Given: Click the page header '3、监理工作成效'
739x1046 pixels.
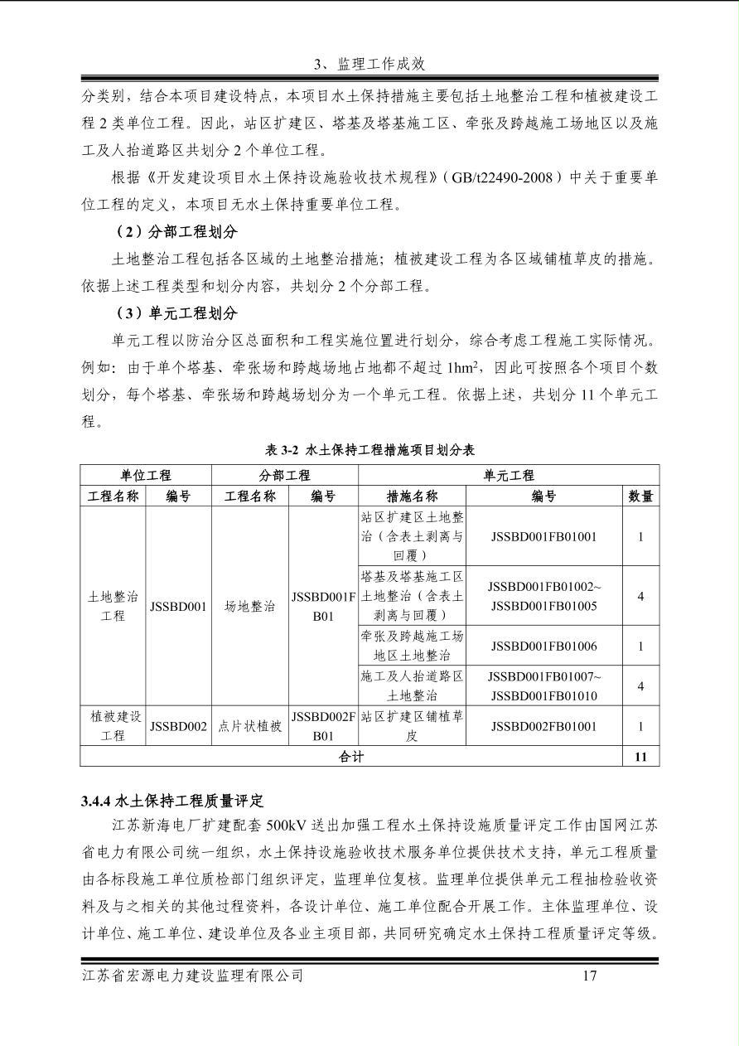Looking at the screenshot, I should coord(369,64).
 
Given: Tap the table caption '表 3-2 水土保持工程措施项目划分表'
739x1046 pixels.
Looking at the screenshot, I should coord(369,449).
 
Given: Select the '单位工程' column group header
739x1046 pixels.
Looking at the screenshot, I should coord(146,475).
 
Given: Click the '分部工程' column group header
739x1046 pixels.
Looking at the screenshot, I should coord(285,475).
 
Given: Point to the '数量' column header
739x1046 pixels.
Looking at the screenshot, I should coord(640,496).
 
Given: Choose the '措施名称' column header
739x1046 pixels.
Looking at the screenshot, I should coord(412,496).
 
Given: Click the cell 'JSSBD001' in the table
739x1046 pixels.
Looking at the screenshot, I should coord(178,606).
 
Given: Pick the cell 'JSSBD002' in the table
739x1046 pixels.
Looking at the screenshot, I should coord(178,727).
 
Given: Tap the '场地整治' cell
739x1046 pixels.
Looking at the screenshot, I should coord(249,606).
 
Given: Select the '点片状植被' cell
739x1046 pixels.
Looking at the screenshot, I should coord(249,727).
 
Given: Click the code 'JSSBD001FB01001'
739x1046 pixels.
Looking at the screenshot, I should coord(543,536).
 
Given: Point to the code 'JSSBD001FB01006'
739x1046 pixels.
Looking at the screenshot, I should coord(543,646).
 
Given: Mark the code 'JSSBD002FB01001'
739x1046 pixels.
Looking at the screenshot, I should coord(543,727).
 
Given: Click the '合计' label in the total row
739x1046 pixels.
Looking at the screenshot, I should coord(351,756).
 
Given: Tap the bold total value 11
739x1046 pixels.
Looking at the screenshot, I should coord(640,756).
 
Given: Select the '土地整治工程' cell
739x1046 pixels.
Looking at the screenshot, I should coord(113,606).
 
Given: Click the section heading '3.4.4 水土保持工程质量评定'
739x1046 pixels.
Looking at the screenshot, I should coord(171,801).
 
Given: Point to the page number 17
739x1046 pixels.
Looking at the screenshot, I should coord(589,976).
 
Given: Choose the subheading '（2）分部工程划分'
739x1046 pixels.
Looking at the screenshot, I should coord(176,231).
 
